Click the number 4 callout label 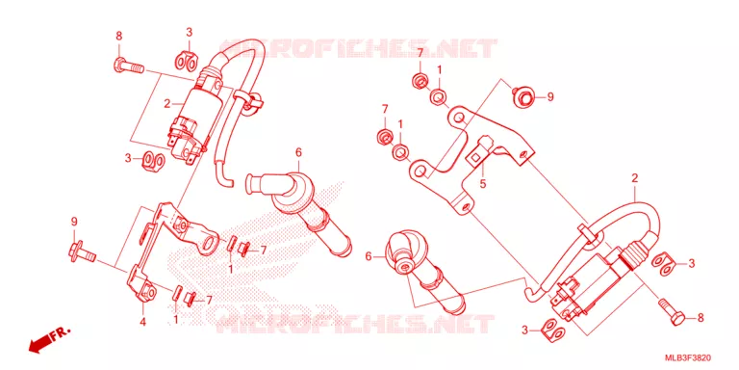(142, 323)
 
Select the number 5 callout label (483, 184)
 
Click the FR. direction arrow (48, 339)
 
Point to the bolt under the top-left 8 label (128, 66)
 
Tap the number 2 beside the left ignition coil (166, 104)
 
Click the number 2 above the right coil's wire (634, 178)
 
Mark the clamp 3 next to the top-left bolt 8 (187, 60)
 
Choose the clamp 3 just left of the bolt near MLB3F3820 (552, 330)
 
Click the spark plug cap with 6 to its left (421, 270)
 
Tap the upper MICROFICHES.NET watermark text (358, 48)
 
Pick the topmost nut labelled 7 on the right (418, 82)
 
